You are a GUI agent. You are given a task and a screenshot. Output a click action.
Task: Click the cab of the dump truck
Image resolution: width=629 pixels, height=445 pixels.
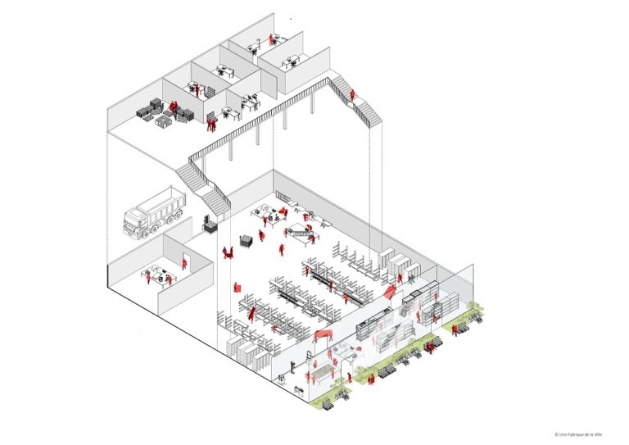pos(135,222)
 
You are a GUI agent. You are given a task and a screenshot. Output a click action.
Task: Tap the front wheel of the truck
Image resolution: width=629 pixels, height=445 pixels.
pos(143,234)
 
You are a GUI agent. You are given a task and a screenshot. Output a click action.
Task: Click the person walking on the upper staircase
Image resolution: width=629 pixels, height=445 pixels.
pos(352,95)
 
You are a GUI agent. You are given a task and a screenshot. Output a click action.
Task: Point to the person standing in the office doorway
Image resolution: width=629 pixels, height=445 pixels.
pos(184,263)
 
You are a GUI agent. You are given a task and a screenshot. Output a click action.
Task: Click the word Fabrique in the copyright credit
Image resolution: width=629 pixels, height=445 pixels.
pos(573,434)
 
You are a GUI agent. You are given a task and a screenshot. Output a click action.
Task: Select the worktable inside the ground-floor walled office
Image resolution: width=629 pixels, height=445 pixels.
pos(158,275)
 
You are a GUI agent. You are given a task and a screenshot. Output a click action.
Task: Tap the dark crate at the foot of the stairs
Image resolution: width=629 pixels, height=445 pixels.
pos(210,227)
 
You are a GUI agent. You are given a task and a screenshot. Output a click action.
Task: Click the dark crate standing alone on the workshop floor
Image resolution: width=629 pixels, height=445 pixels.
pos(246,241)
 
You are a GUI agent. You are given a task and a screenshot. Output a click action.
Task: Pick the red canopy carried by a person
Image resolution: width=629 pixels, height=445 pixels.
pos(324,334)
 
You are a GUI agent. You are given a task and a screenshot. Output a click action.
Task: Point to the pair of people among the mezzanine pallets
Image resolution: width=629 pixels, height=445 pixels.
pos(173,107)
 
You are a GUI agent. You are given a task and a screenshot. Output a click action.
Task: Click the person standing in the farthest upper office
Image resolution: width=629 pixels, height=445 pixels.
pos(271,39)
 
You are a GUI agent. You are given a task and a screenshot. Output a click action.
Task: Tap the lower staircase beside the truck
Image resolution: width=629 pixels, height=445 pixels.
pos(203,189)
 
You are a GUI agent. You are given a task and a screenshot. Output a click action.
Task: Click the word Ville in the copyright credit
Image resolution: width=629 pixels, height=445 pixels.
pos(598,434)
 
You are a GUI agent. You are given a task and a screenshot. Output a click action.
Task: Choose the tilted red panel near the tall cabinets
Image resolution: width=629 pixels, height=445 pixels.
pos(390,291)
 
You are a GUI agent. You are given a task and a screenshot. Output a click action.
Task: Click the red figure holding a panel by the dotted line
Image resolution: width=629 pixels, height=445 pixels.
pos(237,287)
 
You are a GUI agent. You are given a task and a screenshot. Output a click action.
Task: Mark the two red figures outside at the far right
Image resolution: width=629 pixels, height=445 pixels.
pos(455,329)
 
